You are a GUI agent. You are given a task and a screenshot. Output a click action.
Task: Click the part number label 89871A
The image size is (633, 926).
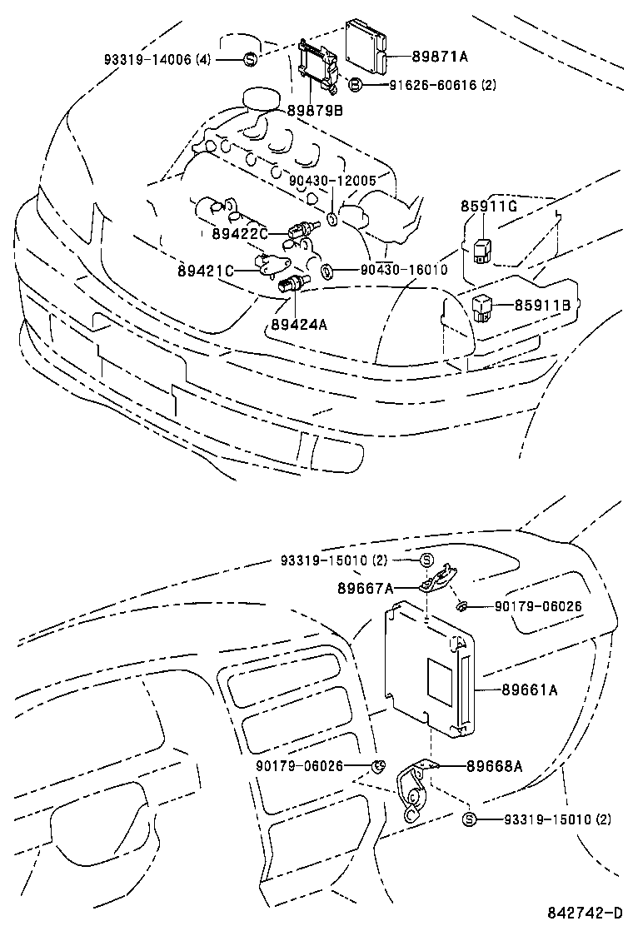pos(440,57)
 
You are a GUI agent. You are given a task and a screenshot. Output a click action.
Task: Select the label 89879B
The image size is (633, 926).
pos(315,109)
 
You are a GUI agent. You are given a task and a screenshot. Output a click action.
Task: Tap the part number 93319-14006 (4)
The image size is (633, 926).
pos(157,59)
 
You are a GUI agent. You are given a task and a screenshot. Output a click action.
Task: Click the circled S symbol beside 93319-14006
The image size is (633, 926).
pos(249,59)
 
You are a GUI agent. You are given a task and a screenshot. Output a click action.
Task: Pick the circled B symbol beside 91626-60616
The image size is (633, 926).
pos(354,85)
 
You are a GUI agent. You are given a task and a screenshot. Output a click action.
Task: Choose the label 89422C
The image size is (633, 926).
pos(240,235)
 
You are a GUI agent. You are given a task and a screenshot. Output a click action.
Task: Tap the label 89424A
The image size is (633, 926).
pos(298,323)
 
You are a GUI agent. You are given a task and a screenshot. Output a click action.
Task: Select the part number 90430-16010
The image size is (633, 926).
pos(404,270)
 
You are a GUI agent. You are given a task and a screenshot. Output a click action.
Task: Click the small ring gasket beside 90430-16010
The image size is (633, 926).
pos(327,270)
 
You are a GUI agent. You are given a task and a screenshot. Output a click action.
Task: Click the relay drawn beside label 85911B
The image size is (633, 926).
pos(483,306)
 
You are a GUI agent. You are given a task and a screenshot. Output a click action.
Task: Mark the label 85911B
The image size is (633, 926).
pos(541,306)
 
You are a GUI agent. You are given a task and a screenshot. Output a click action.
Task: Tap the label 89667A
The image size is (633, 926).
pos(365,588)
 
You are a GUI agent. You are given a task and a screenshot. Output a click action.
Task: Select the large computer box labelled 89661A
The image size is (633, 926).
pos(429,670)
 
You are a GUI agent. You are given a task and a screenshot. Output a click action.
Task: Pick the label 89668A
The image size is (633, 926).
pos(494,766)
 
